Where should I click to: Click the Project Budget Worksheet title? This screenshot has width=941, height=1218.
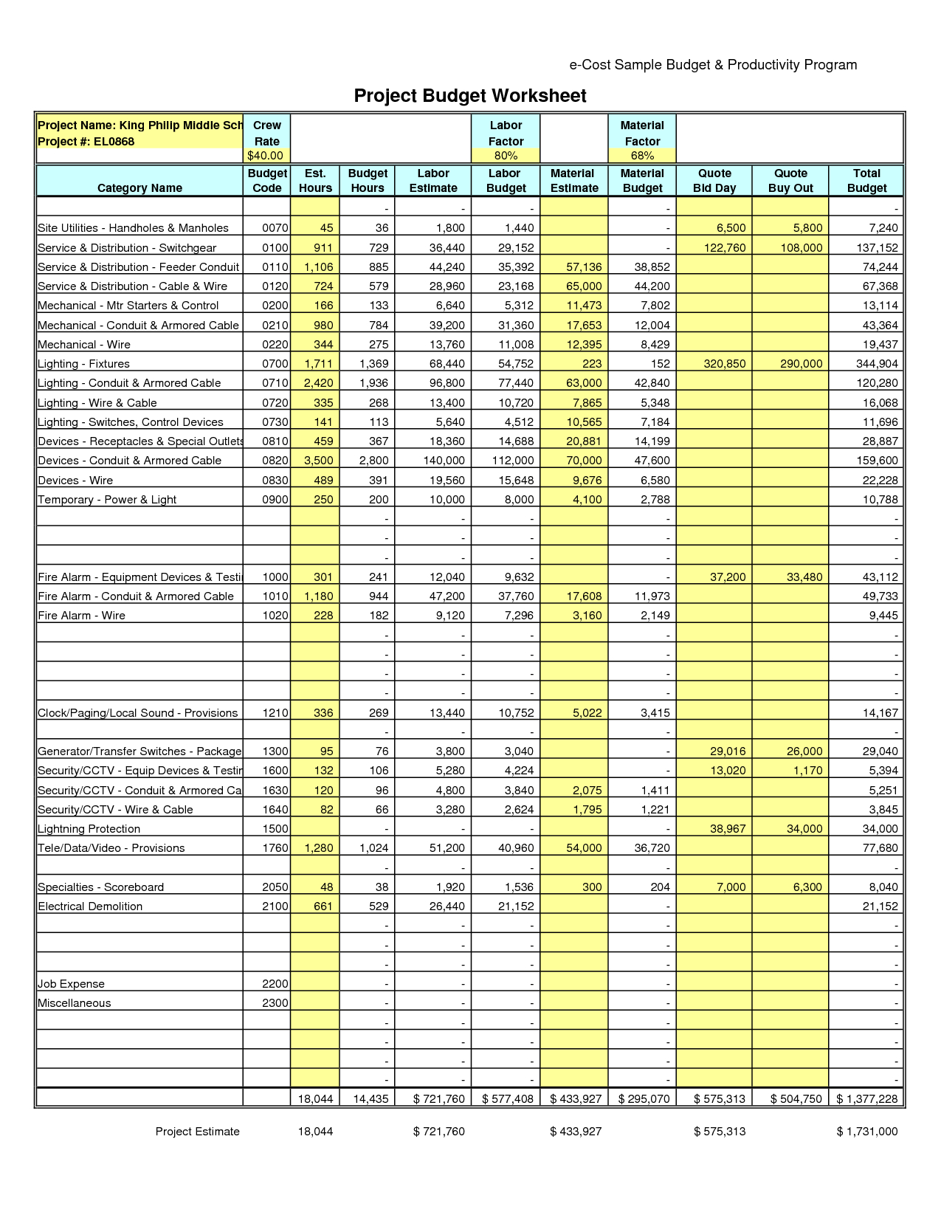470,96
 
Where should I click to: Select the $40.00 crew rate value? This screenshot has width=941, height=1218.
266,156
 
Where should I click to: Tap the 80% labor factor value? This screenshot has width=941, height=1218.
506,156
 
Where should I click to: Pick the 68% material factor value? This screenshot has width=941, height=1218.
642,156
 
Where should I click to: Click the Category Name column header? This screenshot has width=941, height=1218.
139,188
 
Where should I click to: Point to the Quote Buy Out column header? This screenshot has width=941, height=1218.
790,181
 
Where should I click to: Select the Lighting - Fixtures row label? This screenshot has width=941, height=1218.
83,364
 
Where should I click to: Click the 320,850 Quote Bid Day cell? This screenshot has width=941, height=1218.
725,364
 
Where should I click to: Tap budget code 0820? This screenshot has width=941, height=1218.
275,461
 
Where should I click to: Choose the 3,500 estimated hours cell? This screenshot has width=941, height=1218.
319,461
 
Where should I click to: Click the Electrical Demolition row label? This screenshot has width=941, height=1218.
90,906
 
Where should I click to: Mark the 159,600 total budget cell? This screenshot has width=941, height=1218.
878,461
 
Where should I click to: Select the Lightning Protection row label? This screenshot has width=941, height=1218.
89,829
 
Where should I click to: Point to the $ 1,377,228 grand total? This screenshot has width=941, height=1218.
867,1099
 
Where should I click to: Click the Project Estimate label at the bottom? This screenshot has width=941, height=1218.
197,1132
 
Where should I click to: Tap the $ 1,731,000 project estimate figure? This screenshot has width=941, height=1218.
867,1132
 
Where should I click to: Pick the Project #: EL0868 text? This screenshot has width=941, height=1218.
86,142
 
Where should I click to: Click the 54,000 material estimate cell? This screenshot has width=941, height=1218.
584,848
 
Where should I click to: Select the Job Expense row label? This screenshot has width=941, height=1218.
71,984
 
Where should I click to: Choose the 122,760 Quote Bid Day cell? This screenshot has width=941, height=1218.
725,248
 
